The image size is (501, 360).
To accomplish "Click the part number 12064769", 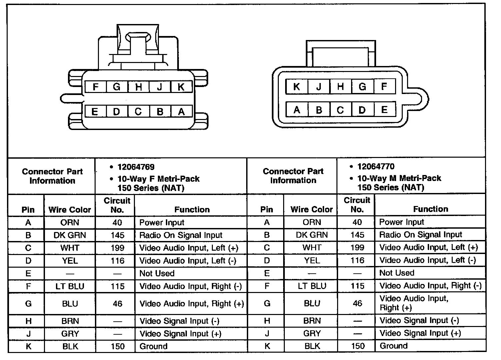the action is coord(136,167).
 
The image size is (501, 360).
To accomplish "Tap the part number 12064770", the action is coord(376,166).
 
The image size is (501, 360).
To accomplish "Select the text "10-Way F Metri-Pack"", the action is coord(158,179).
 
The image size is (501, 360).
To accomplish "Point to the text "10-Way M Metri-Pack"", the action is coord(399,178).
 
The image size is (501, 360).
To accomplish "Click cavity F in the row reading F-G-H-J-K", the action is coord(96,87).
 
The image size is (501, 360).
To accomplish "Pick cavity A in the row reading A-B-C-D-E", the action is coord(296,110).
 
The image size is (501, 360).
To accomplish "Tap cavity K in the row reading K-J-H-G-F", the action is coord(296,87).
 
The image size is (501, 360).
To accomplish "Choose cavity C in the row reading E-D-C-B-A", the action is coord(138,111).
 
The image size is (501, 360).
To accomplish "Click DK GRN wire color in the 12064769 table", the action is coord(70,235).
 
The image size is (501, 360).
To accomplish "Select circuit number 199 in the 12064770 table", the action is coord(357,248).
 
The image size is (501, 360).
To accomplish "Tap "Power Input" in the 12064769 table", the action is coord(162,223).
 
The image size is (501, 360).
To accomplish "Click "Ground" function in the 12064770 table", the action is coord(393,346).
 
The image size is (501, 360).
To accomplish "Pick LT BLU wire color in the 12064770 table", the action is coord(312,286).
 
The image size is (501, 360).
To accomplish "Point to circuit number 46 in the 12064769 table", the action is coord(117,304).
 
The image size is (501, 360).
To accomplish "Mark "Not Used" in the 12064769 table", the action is coord(157,273).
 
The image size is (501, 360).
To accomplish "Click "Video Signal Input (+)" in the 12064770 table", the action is coord(420,333).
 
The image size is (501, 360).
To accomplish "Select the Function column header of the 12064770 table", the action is coord(430,209).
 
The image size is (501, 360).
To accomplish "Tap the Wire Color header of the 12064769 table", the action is coord(70,210).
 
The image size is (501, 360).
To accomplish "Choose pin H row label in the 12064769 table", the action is coord(28,321).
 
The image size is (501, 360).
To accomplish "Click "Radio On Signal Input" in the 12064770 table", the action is coord(420,235).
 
